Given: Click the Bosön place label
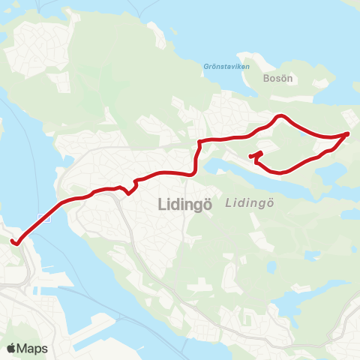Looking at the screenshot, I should coord(277,77).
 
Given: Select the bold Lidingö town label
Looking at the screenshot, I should coord(187,204).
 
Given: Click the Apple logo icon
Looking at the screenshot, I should coord(11,348).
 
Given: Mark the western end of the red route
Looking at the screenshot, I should coord(13,241).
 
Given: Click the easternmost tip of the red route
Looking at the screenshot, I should coord(348,133).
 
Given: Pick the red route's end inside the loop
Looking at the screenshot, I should coord(250,156).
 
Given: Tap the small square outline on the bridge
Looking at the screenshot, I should coord(46,219).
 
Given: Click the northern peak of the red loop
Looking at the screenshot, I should coord(280,116).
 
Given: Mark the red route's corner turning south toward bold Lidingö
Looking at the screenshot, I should coord(199,142).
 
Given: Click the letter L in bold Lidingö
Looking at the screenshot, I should coord(163,204).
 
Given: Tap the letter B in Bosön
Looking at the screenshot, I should coord(267,77).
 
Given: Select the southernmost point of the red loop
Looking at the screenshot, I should coord(280,172).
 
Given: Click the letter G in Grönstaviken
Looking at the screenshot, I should coord(205,66).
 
